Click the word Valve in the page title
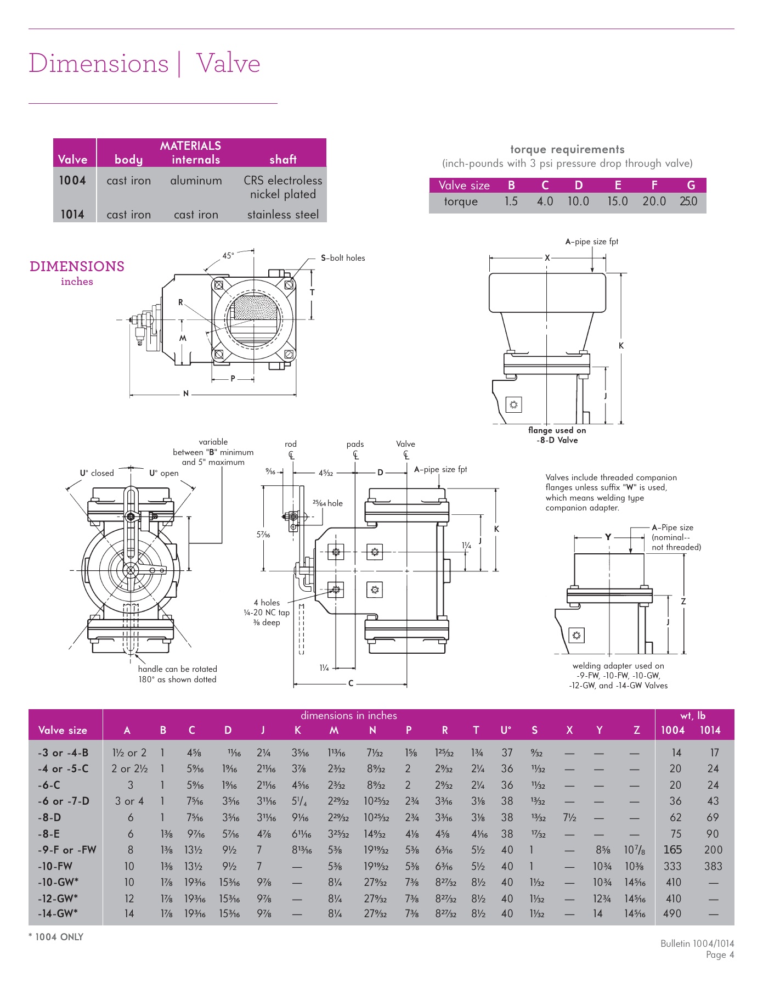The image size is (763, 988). (228, 63)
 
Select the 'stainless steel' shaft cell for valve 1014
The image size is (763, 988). (282, 215)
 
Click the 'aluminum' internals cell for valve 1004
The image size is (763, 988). (196, 181)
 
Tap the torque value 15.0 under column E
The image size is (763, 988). (617, 201)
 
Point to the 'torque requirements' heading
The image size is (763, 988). (567, 149)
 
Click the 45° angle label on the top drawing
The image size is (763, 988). (228, 256)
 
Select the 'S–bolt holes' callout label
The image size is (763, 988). (343, 258)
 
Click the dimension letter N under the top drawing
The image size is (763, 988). (186, 394)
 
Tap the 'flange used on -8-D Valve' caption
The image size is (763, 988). (557, 435)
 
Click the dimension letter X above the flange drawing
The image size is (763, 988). (547, 257)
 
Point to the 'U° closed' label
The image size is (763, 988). (97, 473)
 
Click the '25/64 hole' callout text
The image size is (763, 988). (327, 503)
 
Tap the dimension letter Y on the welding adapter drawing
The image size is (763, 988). (608, 537)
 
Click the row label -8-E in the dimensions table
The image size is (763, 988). (49, 834)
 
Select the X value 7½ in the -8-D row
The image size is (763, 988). (569, 818)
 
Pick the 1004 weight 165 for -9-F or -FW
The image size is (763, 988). (672, 850)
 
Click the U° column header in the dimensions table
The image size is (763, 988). (506, 731)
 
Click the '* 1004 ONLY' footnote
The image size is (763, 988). (56, 937)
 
